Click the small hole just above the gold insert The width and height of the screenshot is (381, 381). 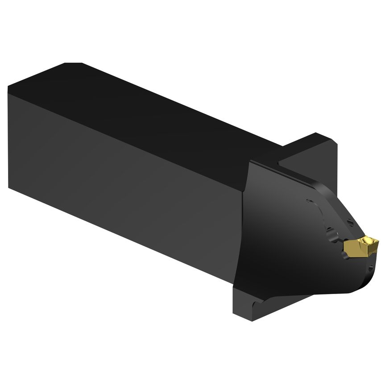[350, 223]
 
